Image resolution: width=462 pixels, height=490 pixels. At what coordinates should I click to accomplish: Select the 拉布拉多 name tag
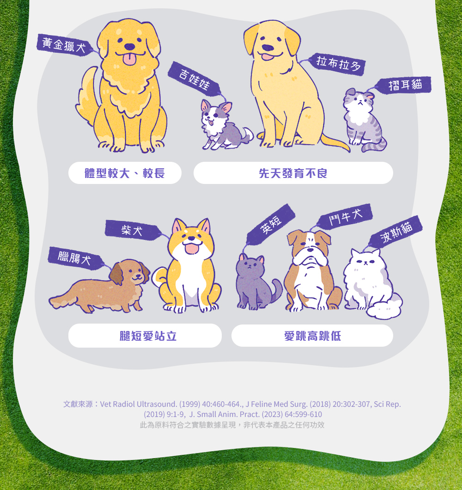coord(337,64)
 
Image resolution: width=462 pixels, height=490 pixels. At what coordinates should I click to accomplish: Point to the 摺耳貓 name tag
coord(404,85)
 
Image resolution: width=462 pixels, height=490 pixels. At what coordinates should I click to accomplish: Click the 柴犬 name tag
coord(133,230)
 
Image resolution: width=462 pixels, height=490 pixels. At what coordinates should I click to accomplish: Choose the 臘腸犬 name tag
coord(75,258)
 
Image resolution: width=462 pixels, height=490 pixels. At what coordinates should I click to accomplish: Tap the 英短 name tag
coord(271,224)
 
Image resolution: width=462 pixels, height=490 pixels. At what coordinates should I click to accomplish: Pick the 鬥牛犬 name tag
coord(345,216)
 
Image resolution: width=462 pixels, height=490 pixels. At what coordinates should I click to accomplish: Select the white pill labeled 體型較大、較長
coord(125,173)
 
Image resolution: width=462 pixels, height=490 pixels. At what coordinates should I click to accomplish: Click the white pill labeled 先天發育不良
coord(293,173)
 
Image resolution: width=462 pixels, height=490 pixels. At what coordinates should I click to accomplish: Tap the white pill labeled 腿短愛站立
coord(145,336)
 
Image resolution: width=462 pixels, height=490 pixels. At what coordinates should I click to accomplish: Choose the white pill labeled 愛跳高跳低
coord(312,336)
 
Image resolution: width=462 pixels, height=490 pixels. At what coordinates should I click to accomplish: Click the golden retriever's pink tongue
coord(130,59)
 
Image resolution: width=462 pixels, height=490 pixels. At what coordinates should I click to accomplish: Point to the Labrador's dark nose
coord(267,48)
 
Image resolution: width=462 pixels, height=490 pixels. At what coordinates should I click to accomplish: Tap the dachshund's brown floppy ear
coord(116,274)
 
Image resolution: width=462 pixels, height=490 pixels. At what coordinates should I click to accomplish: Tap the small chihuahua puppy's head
coord(214,114)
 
